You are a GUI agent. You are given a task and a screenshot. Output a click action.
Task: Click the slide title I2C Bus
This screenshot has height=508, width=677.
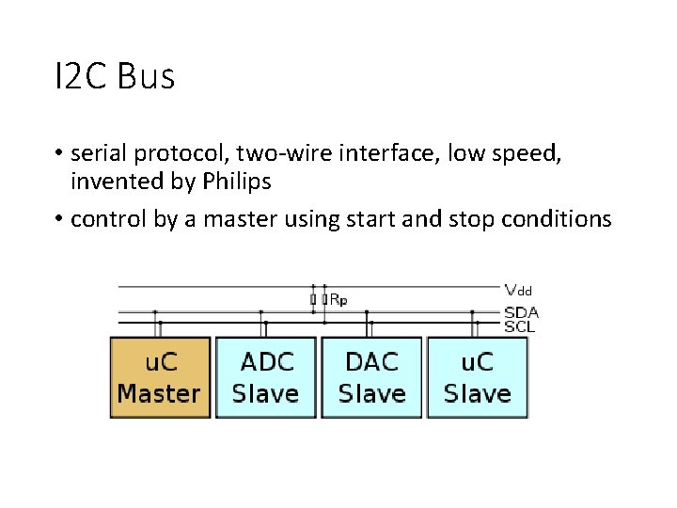(115, 77)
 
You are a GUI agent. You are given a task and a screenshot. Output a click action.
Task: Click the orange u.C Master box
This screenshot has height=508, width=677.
(159, 377)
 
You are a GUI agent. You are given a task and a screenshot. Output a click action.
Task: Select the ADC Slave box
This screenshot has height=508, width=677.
(266, 377)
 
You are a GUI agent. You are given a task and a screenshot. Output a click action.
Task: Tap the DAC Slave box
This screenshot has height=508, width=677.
(371, 377)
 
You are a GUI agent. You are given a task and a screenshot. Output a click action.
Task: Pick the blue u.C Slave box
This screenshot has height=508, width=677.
(477, 377)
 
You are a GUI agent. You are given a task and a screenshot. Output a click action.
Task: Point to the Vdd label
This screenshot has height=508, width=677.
(518, 290)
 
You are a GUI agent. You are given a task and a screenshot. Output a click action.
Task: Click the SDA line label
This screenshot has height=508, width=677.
(521, 312)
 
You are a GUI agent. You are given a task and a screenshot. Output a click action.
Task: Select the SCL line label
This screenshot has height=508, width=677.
(520, 325)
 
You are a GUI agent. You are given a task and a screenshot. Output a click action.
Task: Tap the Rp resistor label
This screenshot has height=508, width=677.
(337, 299)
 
